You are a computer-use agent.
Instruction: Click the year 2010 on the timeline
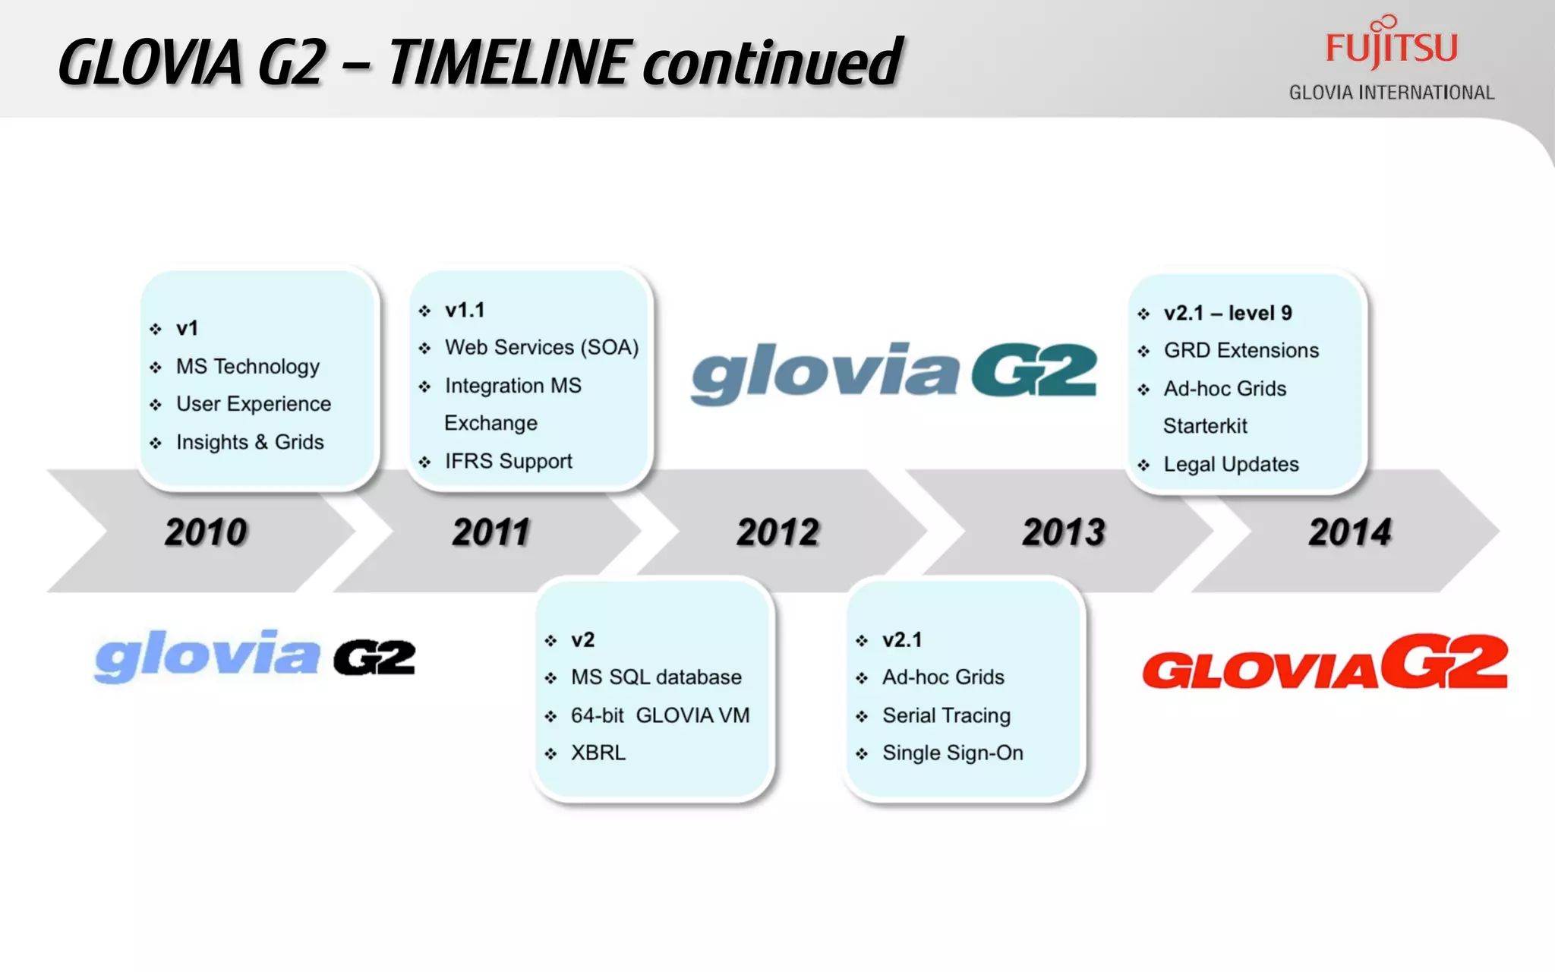[206, 532]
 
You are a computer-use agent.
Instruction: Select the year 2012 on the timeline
[778, 532]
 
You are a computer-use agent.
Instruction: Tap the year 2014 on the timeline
[1350, 532]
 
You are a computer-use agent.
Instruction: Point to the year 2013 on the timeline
[1064, 532]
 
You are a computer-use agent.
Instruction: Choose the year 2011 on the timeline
[491, 532]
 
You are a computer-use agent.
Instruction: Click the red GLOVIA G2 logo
[1325, 662]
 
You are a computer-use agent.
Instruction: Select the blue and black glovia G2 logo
[255, 657]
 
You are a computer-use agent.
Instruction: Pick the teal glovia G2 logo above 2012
[894, 372]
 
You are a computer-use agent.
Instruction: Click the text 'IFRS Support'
[508, 461]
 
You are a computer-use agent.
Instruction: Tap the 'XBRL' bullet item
[598, 753]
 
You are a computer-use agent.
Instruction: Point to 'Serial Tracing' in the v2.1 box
[946, 715]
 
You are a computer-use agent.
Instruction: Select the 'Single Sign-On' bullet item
[952, 753]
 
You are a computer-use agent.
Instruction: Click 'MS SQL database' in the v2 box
[656, 677]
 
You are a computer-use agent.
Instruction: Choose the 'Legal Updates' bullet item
[1231, 464]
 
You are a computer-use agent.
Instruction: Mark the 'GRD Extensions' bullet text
[1241, 350]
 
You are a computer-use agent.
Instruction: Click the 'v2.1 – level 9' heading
[1228, 313]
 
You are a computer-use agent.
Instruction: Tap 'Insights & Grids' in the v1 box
[250, 442]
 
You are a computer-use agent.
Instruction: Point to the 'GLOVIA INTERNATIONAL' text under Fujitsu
[1391, 93]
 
